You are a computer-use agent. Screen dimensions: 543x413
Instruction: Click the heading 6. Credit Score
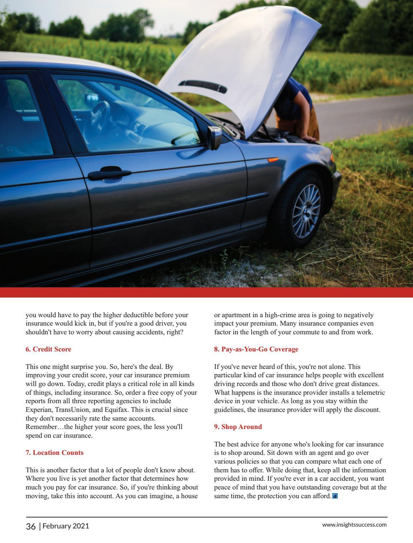(x=48, y=349)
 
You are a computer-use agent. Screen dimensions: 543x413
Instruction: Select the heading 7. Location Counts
(x=55, y=453)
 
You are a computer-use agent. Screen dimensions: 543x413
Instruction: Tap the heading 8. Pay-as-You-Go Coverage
(x=256, y=349)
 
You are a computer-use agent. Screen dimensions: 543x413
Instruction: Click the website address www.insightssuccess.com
(x=354, y=525)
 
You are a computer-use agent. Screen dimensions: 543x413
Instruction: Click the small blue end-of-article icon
(x=335, y=496)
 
